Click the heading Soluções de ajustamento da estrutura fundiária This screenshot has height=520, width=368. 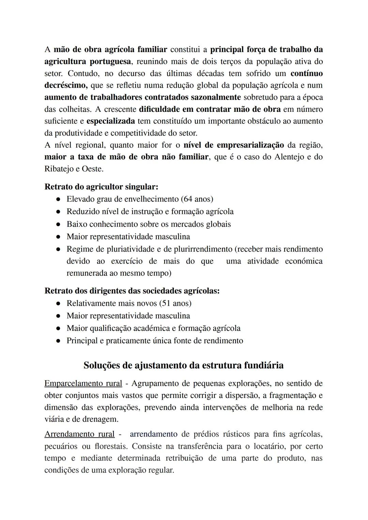[x=183, y=365]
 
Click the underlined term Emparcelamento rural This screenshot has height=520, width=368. [x=83, y=383]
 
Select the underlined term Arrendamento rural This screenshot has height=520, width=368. [x=79, y=434]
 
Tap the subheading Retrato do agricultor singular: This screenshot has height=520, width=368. [x=101, y=187]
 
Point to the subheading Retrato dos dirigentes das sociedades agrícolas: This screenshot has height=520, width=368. [x=132, y=291]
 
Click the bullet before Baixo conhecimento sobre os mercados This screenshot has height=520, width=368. [x=59, y=224]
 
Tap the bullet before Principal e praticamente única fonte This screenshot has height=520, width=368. [x=59, y=341]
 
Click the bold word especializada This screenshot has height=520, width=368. [x=111, y=121]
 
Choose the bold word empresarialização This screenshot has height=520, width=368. [x=250, y=145]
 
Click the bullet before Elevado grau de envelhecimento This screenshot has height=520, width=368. [x=59, y=199]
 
